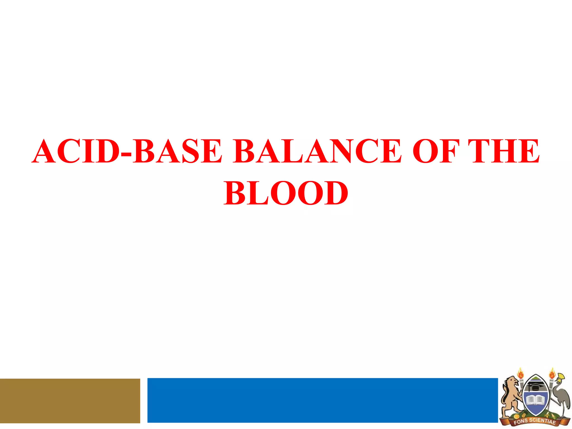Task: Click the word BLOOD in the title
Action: (x=286, y=193)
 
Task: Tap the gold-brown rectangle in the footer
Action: (x=70, y=401)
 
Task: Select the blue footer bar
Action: (x=322, y=400)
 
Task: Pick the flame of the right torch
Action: (x=552, y=373)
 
